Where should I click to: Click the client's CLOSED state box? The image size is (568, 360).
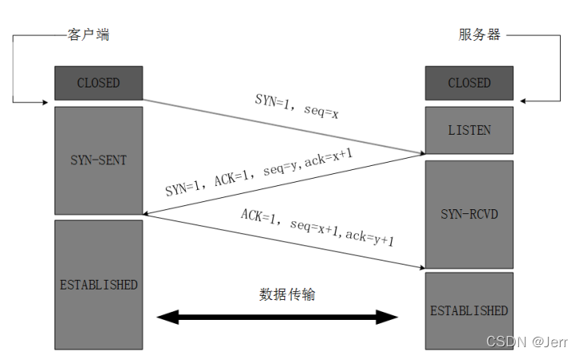[x=99, y=83]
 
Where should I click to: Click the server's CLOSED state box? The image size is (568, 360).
[x=469, y=83]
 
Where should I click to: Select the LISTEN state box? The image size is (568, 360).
[x=469, y=130]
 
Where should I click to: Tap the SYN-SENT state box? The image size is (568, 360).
[x=99, y=160]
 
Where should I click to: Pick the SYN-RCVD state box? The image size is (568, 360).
[x=469, y=214]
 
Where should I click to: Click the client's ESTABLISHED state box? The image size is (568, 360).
[x=99, y=285]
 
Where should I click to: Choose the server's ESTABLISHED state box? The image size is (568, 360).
[x=469, y=310]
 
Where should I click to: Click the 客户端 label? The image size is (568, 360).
[x=87, y=35]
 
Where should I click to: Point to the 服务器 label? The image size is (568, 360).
[x=479, y=35]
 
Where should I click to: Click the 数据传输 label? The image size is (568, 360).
[x=288, y=294]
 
